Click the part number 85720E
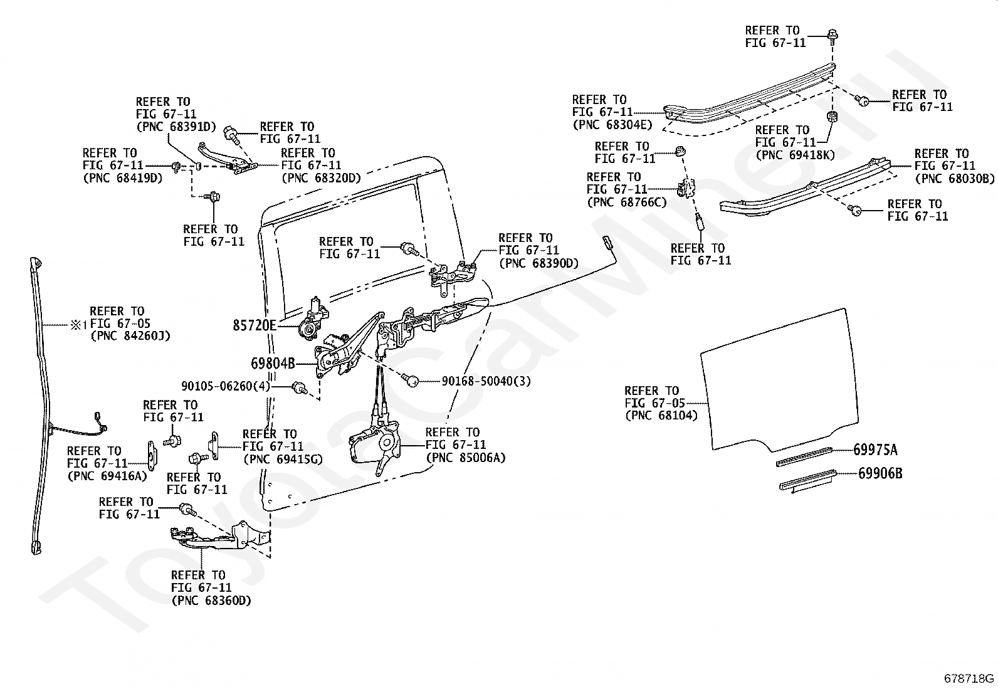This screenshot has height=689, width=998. pyautogui.click(x=255, y=325)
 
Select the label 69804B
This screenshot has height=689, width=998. pyautogui.click(x=273, y=364)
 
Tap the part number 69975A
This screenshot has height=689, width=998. pyautogui.click(x=876, y=450)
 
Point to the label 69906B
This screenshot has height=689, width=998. pyautogui.click(x=880, y=473)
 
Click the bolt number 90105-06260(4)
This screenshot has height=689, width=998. pyautogui.click(x=226, y=386)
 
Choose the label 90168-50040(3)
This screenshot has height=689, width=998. pyautogui.click(x=486, y=382)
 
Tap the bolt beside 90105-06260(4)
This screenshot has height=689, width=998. pyautogui.click(x=300, y=387)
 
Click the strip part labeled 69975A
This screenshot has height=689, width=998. pyautogui.click(x=804, y=456)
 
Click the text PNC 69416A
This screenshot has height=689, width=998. pyautogui.click(x=107, y=476)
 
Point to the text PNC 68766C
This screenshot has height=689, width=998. pyautogui.click(x=628, y=202)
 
